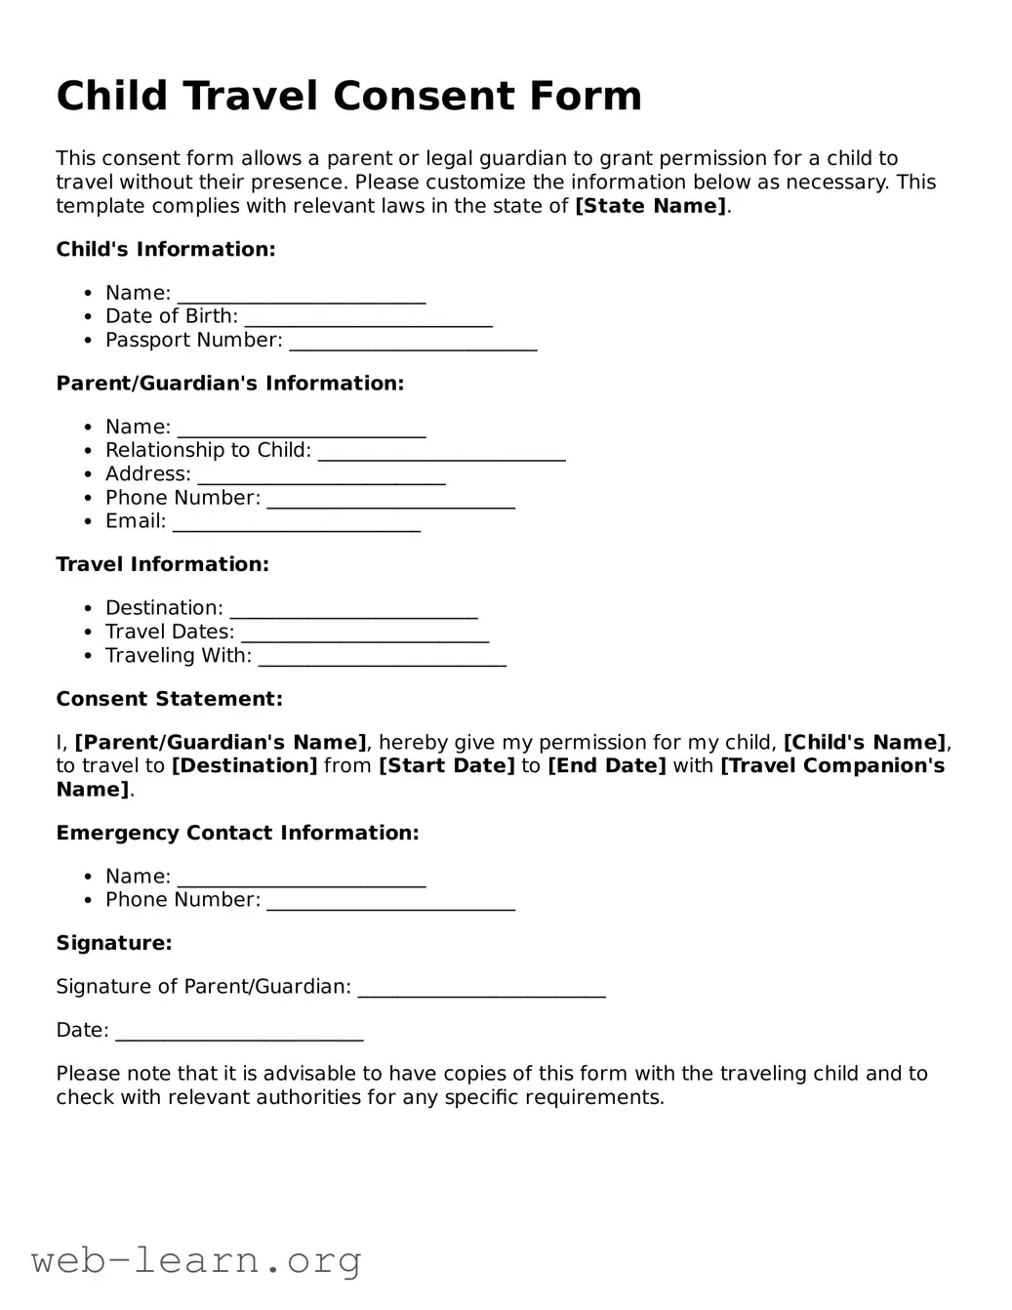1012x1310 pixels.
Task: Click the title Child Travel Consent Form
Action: pos(348,97)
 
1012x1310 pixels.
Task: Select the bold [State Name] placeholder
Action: pos(651,206)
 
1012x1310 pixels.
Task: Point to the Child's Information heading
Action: pos(166,250)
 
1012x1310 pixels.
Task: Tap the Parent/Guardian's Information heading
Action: pos(229,384)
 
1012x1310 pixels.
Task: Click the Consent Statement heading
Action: pos(169,699)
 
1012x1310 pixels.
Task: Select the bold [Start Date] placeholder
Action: pos(446,766)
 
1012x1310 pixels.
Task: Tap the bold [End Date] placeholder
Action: pos(606,766)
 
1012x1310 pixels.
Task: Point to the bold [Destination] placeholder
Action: pos(244,766)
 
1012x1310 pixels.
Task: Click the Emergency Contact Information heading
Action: pos(237,833)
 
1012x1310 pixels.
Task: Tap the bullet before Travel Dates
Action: pos(88,633)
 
